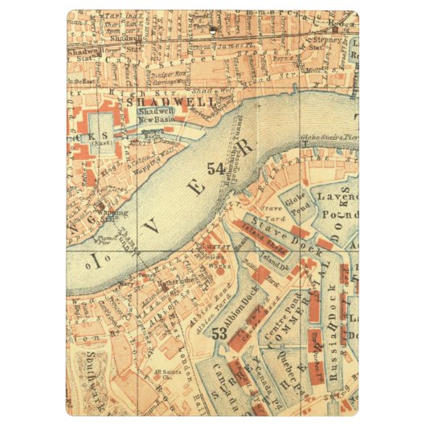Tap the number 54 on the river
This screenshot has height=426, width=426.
point(215,169)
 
